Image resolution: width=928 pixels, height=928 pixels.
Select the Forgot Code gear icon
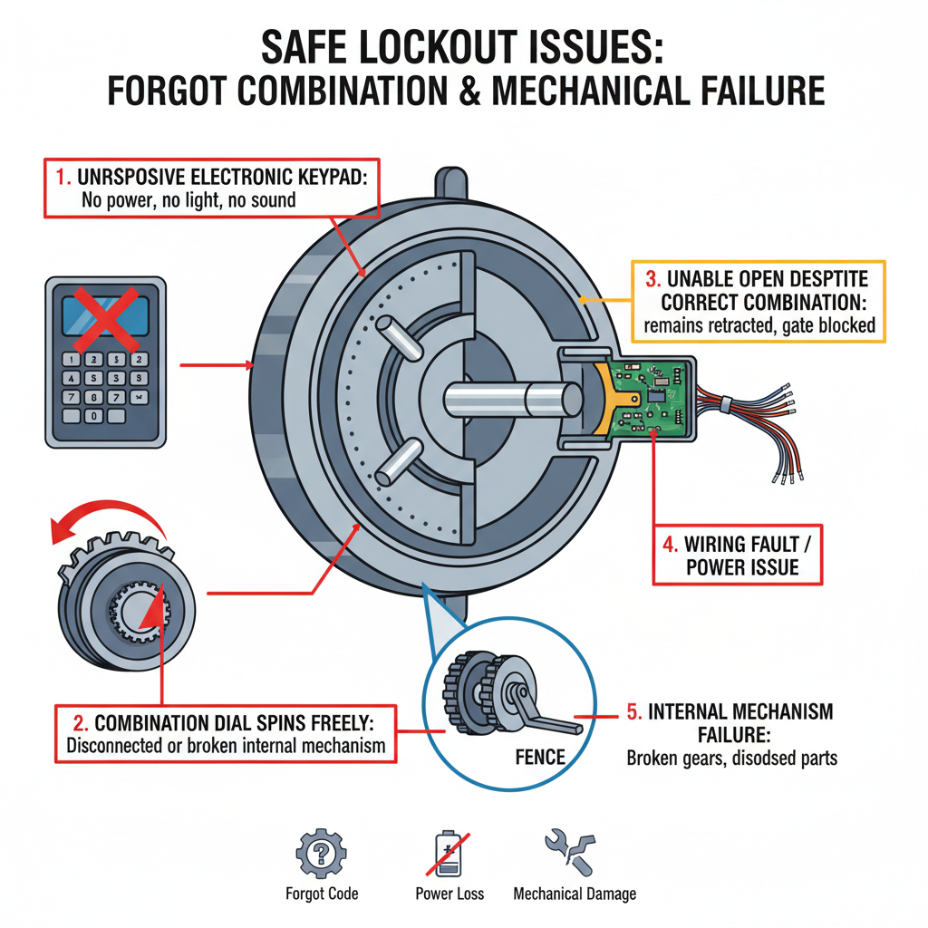pos(321,853)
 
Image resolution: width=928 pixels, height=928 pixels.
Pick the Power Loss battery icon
pos(449,853)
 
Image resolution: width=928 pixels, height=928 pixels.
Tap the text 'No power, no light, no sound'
pos(188,199)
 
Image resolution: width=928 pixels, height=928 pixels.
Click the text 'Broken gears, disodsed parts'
pos(731,758)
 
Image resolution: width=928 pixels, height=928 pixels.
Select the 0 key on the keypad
pos(93,416)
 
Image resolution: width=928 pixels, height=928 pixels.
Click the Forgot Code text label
pos(322,894)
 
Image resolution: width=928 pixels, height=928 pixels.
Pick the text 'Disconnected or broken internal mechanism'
pos(227,747)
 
